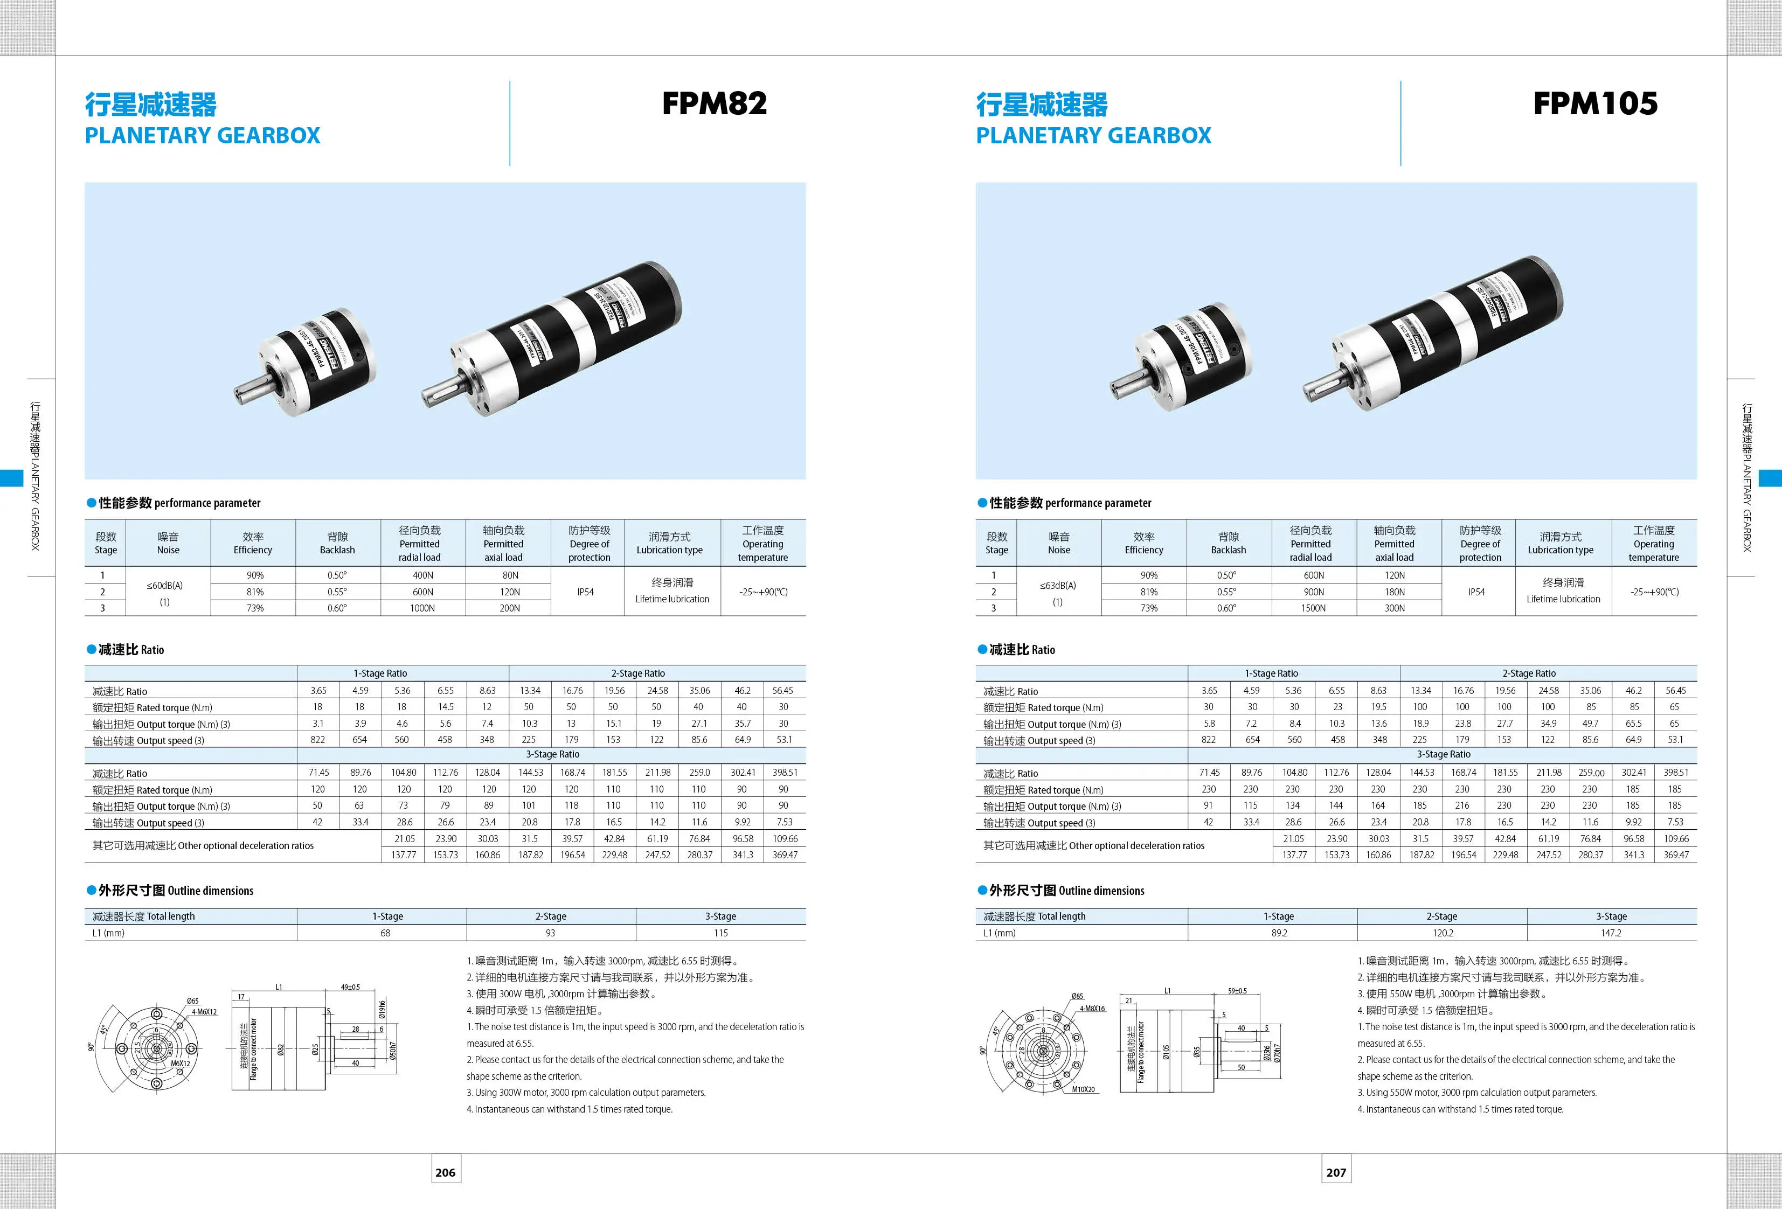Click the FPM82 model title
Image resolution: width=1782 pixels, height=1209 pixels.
click(x=714, y=103)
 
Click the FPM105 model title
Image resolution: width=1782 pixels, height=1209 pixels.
click(x=1595, y=103)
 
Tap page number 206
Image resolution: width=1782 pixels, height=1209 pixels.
click(x=446, y=1172)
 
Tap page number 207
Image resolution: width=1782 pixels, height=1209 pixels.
click(x=1336, y=1172)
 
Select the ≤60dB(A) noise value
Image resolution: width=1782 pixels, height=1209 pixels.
click(x=165, y=586)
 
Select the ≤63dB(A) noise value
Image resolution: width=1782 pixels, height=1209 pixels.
click(x=1057, y=586)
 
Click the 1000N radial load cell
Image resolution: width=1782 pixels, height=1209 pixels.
click(x=422, y=608)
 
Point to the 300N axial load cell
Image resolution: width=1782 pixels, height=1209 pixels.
click(x=1394, y=608)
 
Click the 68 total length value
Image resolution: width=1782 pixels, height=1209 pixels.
click(x=385, y=933)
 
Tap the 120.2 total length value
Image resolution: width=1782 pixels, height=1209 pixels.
click(x=1443, y=933)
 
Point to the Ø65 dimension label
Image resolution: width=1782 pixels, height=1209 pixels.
click(x=192, y=1001)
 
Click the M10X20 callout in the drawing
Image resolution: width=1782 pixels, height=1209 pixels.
click(x=1083, y=1089)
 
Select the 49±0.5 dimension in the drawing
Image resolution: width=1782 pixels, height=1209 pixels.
click(x=350, y=988)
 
